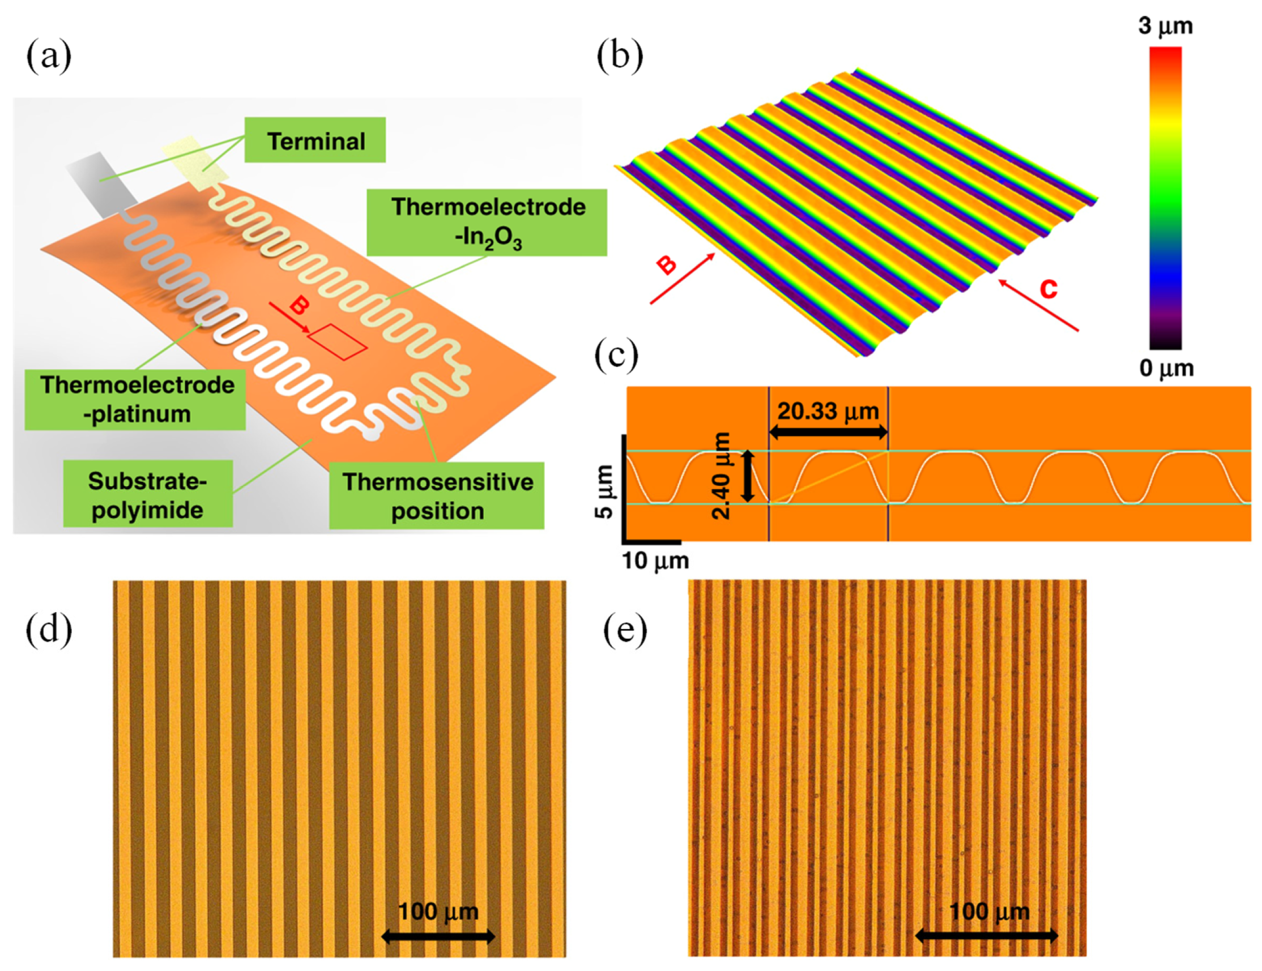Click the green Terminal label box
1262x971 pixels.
pyautogui.click(x=315, y=140)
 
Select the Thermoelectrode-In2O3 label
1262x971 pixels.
pyautogui.click(x=487, y=223)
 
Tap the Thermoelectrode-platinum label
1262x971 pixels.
pyautogui.click(x=135, y=400)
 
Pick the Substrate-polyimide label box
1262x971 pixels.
pyautogui.click(x=148, y=494)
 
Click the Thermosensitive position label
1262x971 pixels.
pyautogui.click(x=437, y=495)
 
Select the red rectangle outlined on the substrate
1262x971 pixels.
pyautogui.click(x=338, y=341)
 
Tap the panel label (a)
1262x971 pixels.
pyautogui.click(x=49, y=57)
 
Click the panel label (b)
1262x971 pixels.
pyautogui.click(x=619, y=57)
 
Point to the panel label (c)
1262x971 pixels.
pyautogui.click(x=616, y=355)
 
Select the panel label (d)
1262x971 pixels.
pyautogui.click(x=49, y=630)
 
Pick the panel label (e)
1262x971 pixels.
pyautogui.click(x=625, y=630)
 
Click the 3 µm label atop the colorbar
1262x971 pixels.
pyautogui.click(x=1165, y=26)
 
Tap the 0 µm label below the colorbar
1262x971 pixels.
pyautogui.click(x=1167, y=368)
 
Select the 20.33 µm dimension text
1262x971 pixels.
pyautogui.click(x=828, y=411)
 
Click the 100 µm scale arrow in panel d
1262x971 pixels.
pyautogui.click(x=438, y=936)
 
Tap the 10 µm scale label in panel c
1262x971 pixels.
pyautogui.click(x=655, y=561)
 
